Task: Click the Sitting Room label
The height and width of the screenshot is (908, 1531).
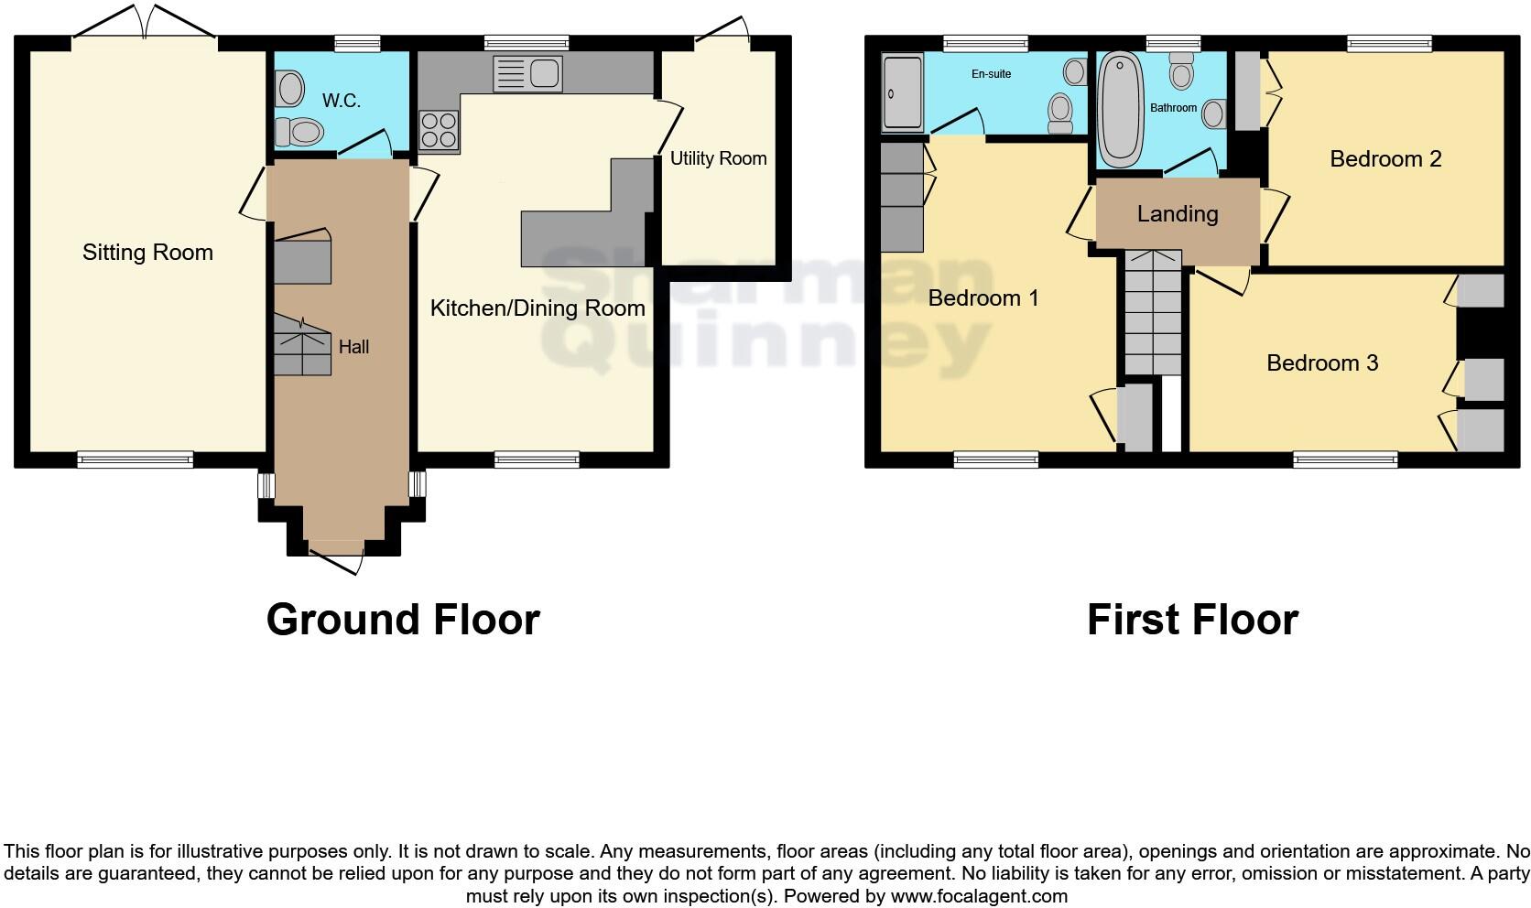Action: (x=147, y=253)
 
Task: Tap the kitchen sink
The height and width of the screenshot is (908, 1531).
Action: (x=527, y=74)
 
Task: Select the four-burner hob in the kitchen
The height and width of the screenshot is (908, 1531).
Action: (x=439, y=130)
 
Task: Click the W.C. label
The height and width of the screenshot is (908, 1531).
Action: (x=341, y=101)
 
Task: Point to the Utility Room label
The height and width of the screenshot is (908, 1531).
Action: (x=718, y=158)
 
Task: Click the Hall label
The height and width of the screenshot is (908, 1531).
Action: (x=353, y=347)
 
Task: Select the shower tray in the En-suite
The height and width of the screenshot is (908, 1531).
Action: (x=902, y=92)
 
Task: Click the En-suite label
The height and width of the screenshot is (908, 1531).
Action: (x=992, y=74)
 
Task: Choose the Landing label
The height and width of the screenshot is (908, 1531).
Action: (x=1178, y=214)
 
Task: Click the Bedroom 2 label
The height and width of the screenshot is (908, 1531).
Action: (x=1385, y=159)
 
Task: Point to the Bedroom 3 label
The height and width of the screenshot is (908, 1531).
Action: (x=1322, y=363)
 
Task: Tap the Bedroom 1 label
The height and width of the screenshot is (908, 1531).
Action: (x=983, y=298)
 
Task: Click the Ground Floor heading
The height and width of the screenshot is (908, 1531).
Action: (x=403, y=620)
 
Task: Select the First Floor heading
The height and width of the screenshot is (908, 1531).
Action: (x=1192, y=620)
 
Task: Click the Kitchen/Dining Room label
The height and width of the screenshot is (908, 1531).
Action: (x=537, y=308)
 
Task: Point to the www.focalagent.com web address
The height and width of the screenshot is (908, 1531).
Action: (x=979, y=896)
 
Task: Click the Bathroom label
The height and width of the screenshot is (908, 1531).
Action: (x=1173, y=108)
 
